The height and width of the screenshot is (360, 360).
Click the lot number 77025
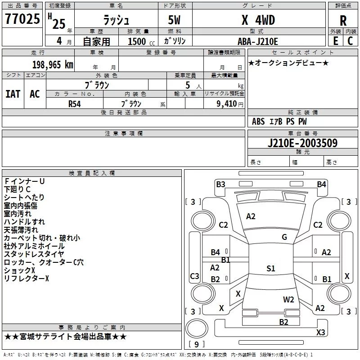click(22, 19)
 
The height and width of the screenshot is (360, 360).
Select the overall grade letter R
click(343, 21)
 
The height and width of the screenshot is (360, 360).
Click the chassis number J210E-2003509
click(302, 143)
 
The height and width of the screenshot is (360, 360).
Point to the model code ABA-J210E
click(258, 41)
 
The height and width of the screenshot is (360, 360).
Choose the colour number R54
click(75, 103)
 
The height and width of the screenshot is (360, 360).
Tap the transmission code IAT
click(13, 94)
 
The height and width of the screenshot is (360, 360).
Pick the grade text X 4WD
click(258, 20)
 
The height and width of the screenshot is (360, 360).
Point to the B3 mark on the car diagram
click(220, 184)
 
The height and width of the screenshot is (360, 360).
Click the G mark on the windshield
click(284, 237)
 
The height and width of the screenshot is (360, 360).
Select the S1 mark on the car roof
click(270, 269)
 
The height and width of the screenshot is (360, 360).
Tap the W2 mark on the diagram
click(288, 299)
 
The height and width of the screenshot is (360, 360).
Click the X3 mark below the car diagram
click(320, 333)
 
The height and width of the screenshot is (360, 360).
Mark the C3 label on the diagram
click(195, 276)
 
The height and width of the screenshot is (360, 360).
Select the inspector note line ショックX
click(19, 270)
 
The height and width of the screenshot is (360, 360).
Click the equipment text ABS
click(259, 121)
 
